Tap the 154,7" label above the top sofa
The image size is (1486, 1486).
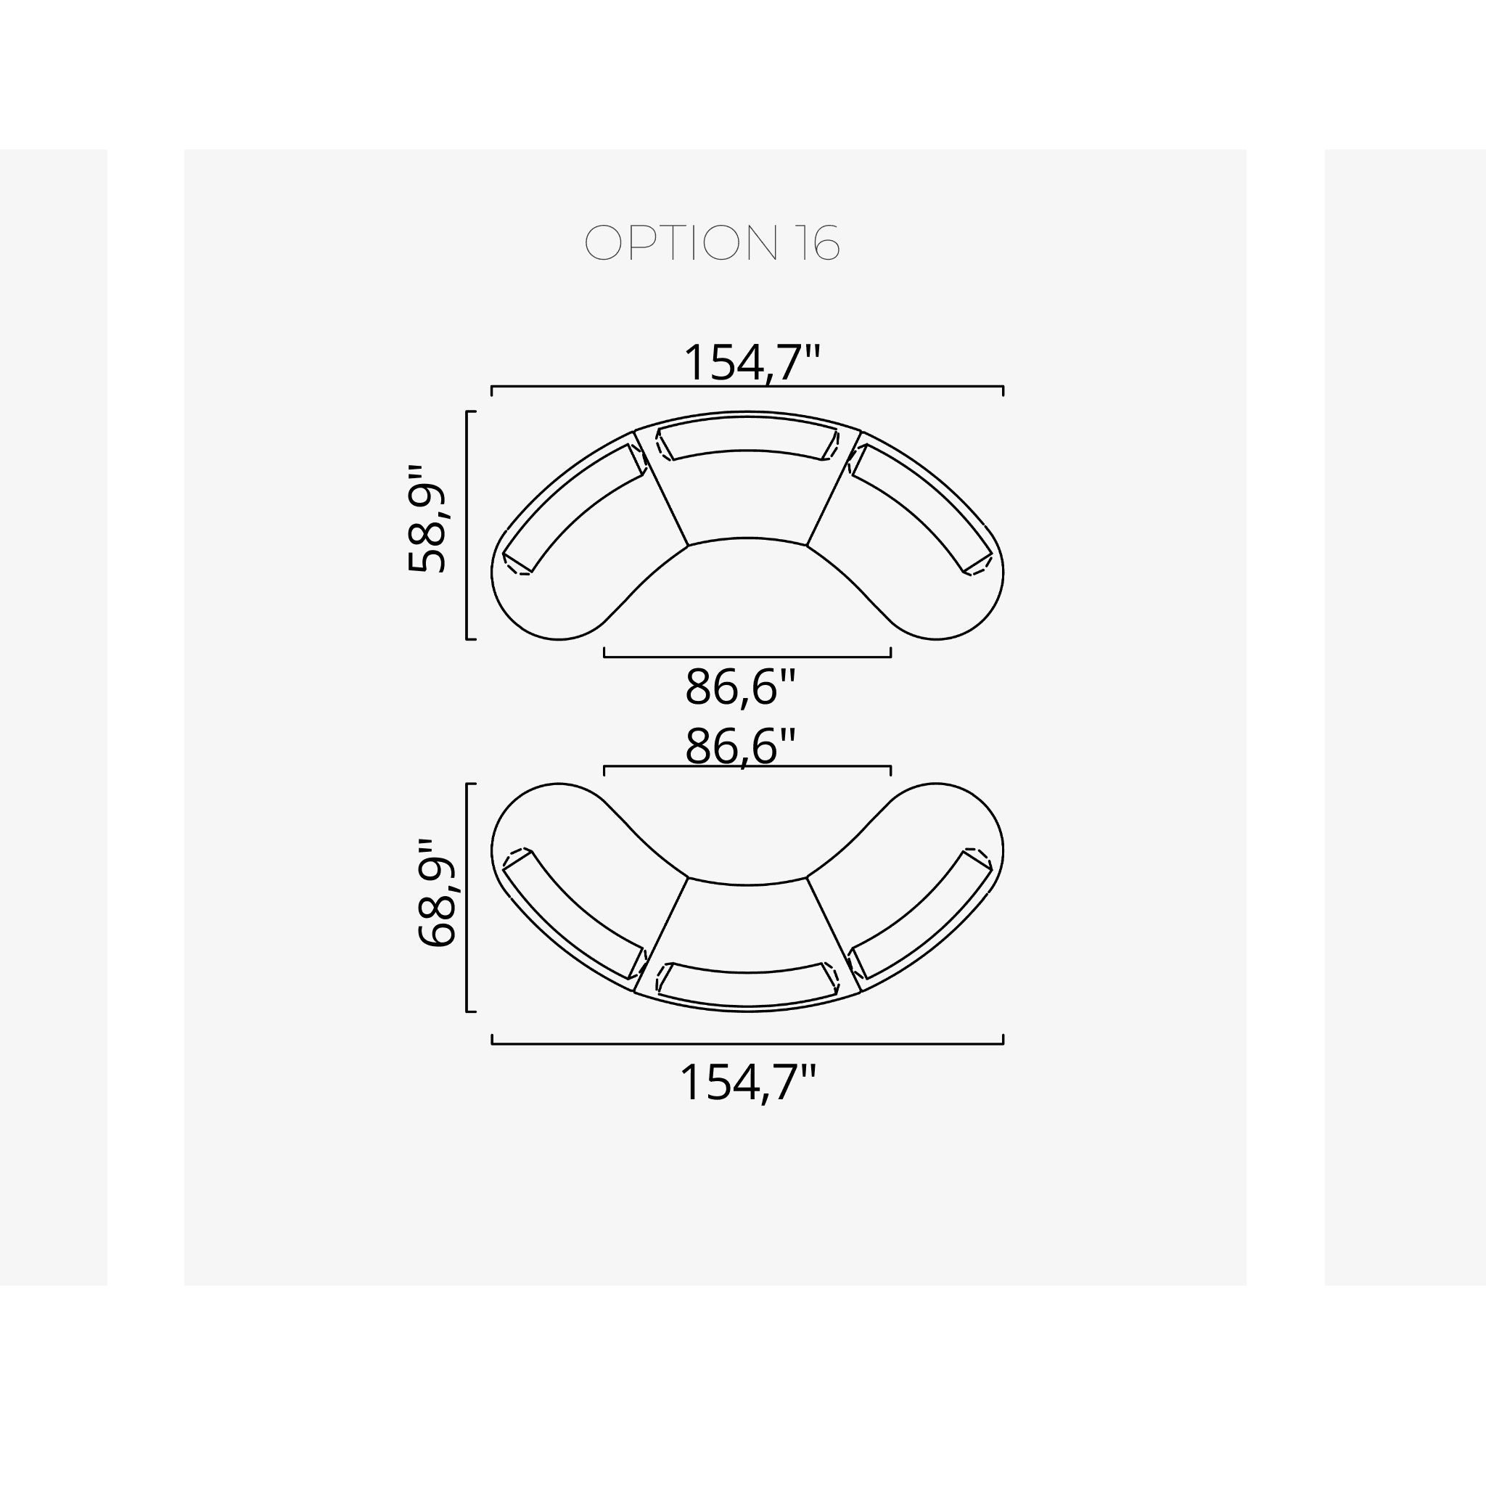click(752, 362)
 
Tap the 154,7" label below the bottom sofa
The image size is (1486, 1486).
click(747, 1083)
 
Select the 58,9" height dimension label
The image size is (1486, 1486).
click(427, 518)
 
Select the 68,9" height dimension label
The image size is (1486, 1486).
click(437, 892)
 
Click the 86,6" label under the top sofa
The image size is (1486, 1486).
click(740, 687)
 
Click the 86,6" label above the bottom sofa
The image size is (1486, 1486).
click(740, 746)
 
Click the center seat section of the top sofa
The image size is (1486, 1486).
click(747, 496)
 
